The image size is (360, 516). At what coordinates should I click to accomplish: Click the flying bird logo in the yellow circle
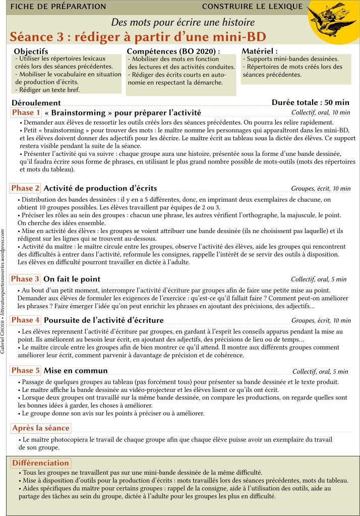tap(330, 21)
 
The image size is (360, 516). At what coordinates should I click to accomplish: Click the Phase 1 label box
tap(26, 112)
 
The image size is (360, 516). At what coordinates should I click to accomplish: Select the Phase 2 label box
tap(25, 188)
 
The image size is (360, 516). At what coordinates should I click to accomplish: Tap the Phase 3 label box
tap(25, 279)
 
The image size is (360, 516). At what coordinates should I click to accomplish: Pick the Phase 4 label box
tap(25, 320)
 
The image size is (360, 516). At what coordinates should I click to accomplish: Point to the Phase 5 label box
tap(25, 371)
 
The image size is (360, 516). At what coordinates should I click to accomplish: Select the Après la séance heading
tap(40, 428)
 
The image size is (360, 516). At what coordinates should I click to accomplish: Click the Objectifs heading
tap(31, 51)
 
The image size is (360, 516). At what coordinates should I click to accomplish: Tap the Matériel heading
tap(260, 51)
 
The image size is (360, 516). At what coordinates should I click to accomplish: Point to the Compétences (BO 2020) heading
tap(173, 51)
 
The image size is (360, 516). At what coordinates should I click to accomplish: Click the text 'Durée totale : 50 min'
tap(311, 102)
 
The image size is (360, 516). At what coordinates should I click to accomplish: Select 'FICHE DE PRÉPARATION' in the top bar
tap(58, 7)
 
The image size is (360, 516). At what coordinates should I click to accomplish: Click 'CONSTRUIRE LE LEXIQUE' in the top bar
tap(252, 7)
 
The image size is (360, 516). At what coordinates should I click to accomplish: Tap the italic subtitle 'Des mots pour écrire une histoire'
tap(183, 22)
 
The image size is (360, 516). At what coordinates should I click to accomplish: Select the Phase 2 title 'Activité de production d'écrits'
tap(100, 188)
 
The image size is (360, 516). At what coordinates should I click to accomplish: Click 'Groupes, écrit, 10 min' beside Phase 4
tap(321, 320)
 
